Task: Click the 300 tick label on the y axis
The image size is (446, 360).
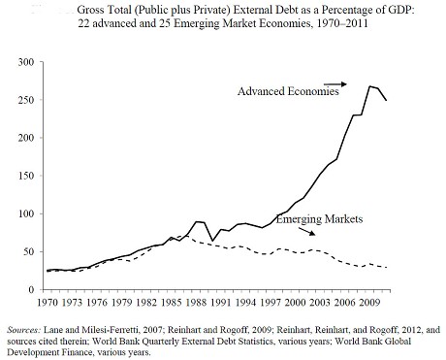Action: click(26, 62)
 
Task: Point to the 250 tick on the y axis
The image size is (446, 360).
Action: click(26, 100)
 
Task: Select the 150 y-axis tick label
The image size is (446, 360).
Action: click(26, 176)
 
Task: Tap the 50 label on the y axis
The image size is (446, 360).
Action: click(29, 251)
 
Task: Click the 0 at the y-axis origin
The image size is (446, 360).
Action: click(31, 290)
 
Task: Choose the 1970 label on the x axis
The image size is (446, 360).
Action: click(48, 302)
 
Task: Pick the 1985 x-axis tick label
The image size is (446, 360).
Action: click(172, 302)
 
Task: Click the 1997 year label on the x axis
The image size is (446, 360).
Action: click(271, 302)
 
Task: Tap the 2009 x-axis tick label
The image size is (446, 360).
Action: click(369, 302)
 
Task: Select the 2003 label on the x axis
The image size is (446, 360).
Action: click(320, 302)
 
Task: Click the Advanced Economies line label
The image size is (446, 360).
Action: click(288, 91)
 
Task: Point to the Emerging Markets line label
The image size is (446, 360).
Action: click(319, 219)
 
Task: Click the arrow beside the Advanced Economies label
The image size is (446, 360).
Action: click(335, 84)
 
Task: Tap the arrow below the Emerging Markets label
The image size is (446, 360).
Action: click(306, 232)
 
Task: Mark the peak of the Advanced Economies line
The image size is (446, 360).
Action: click(369, 86)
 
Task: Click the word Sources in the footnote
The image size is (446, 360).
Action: click(24, 330)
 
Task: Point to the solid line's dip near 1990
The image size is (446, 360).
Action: click(212, 241)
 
